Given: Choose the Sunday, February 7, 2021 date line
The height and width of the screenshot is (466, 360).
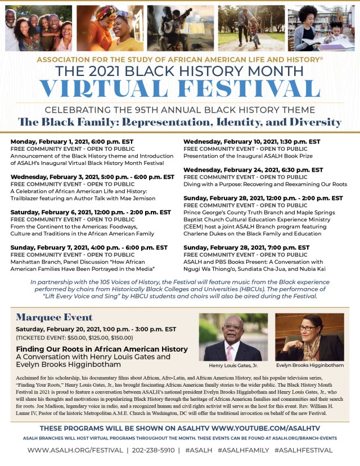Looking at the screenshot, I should pos(88,248).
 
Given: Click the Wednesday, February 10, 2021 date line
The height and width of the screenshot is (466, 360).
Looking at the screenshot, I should pos(251,142).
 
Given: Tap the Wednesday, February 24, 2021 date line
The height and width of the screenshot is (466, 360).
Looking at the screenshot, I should pos(253,170).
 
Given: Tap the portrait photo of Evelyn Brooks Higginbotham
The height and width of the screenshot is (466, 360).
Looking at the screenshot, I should pos(309,337).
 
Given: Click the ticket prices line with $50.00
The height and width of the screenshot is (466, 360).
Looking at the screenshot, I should pos(75,338).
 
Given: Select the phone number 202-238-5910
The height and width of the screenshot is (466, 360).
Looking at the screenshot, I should pos(154,450).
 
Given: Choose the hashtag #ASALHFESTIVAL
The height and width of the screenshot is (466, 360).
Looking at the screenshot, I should pos(303,450).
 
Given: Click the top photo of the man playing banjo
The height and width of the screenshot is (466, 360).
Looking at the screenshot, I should pos(180,28).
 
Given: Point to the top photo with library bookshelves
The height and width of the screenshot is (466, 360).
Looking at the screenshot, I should pos(321,28).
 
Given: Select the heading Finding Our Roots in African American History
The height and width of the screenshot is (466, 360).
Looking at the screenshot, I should pos(102,349).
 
